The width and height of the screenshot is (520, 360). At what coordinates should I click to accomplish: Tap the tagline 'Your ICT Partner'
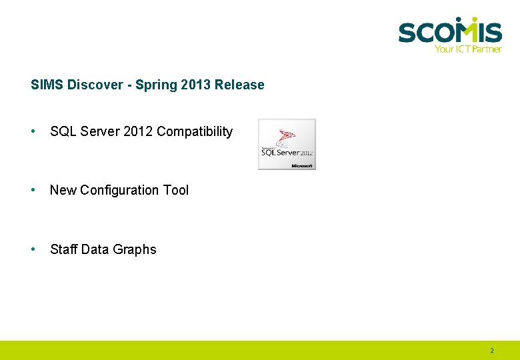click(467, 49)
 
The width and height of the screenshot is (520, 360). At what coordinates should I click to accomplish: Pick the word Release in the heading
click(239, 85)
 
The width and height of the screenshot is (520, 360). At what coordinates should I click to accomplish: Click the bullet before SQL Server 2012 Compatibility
click(33, 131)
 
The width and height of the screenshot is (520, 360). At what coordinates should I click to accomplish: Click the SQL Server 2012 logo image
click(287, 144)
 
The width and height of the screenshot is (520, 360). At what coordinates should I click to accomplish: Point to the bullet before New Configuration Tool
click(33, 190)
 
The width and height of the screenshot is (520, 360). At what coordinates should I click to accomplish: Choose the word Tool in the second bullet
click(176, 191)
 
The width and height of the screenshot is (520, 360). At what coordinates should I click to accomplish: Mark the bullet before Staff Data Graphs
click(33, 249)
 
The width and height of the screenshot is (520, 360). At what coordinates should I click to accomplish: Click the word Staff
click(63, 249)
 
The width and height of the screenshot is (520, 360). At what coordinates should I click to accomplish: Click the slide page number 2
click(492, 351)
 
